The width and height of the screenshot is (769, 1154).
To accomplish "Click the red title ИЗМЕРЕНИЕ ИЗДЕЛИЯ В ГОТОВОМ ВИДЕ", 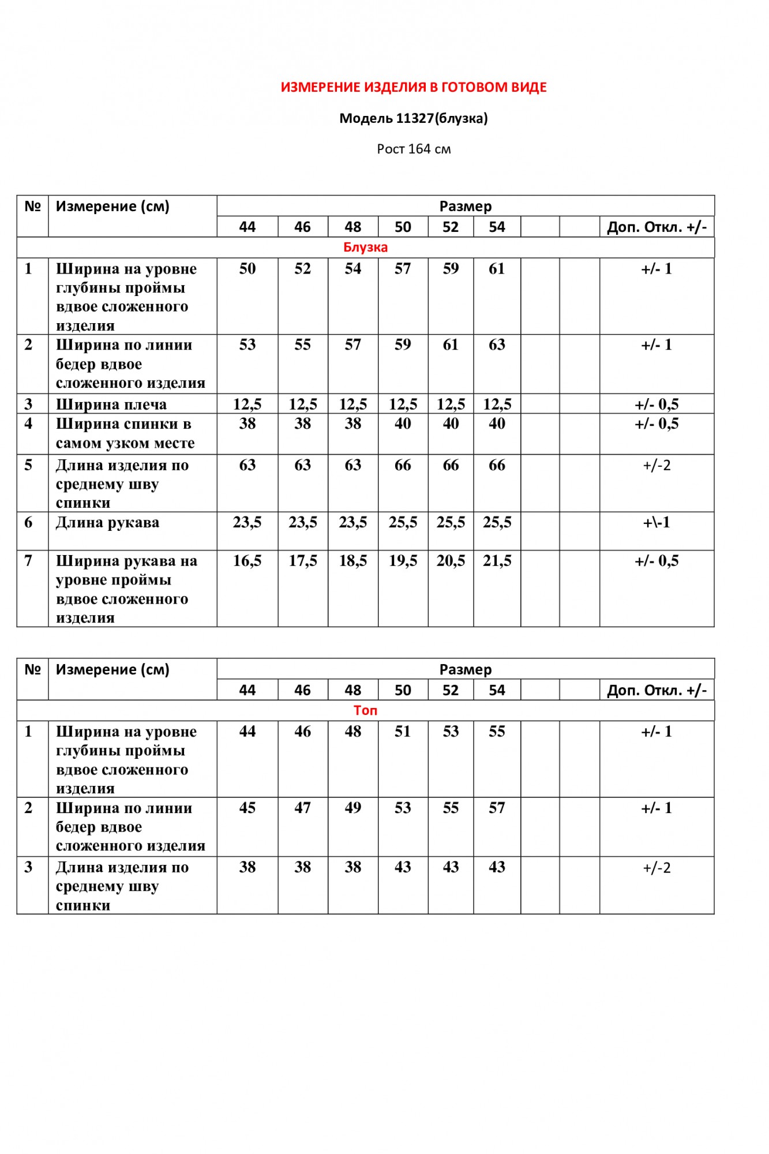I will tap(414, 88).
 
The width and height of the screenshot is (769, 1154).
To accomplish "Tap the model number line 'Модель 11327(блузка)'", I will tap(414, 118).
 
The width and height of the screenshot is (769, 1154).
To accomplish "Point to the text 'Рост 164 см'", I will tap(414, 149).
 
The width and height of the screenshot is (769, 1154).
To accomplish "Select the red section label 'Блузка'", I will tap(365, 248).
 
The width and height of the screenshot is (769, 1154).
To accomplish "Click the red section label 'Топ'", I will tap(365, 710).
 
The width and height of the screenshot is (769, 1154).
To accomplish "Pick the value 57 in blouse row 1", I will tap(403, 269).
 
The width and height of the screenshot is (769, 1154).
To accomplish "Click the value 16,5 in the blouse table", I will tap(247, 561).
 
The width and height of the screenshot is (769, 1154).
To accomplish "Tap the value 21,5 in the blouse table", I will tap(497, 561).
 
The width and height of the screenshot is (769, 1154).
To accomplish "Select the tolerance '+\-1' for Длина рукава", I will tap(657, 523).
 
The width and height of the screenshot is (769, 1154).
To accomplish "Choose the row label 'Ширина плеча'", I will tap(111, 404).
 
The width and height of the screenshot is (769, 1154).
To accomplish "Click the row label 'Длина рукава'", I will tap(107, 523).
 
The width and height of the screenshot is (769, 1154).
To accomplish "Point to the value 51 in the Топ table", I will tap(403, 732).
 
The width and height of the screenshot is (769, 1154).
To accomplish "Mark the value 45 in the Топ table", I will tap(247, 808).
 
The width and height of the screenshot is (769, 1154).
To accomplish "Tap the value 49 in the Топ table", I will tap(352, 808).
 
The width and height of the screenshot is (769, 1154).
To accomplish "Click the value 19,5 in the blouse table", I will tap(403, 561).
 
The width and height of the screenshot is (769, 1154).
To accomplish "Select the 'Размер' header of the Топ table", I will tap(465, 669).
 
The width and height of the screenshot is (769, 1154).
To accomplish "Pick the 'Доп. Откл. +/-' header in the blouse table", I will tap(657, 227).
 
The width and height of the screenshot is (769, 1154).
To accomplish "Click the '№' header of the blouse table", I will tap(32, 207).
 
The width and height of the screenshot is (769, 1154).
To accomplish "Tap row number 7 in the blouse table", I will tap(28, 561).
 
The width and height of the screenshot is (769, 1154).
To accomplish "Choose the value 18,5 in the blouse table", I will tap(352, 561).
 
